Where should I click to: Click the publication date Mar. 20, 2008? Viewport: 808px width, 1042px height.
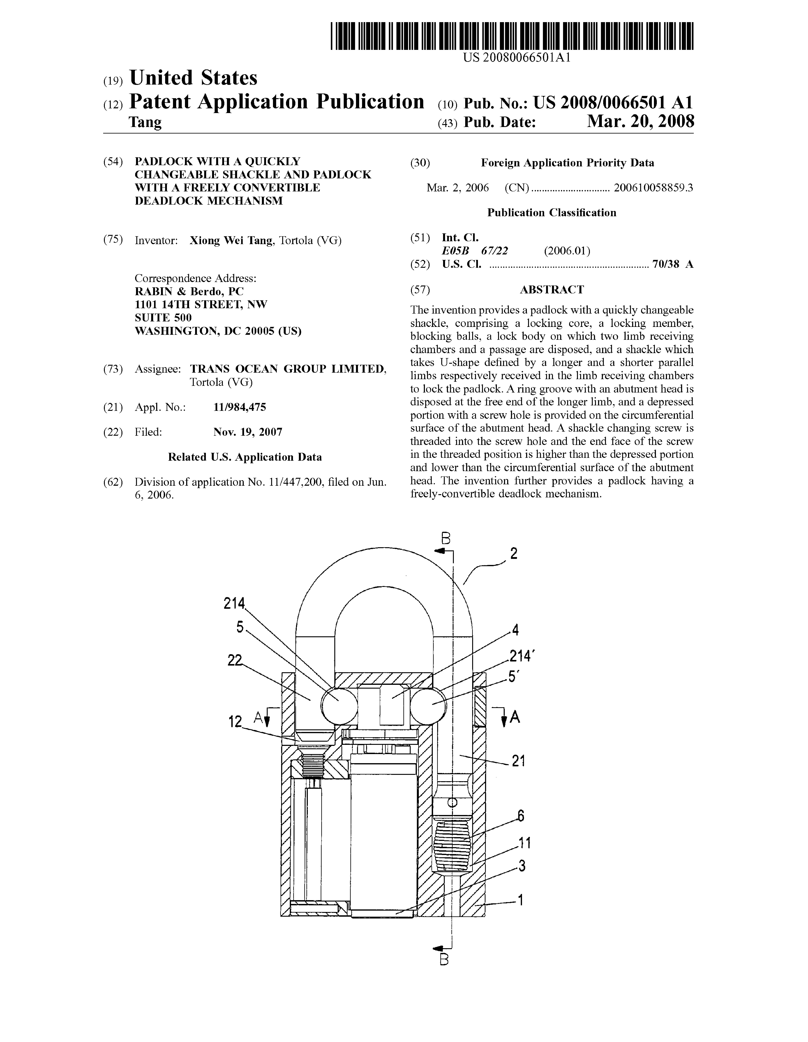tap(640, 122)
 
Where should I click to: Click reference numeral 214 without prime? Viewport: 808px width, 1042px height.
tap(234, 604)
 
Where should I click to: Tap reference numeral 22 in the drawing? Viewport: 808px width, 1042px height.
tap(234, 660)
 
